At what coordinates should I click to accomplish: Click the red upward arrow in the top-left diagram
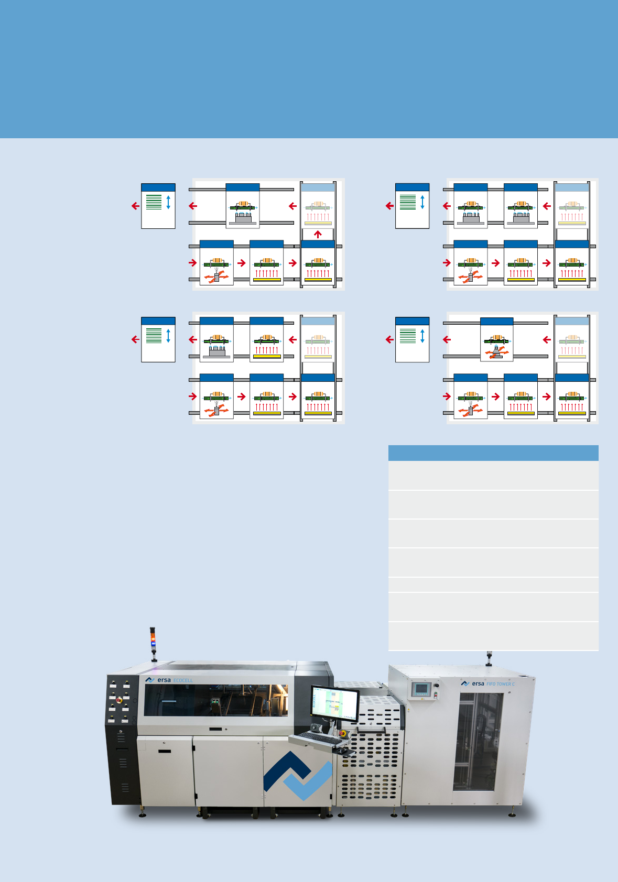318,234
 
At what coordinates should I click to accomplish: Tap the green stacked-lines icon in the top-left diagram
154,202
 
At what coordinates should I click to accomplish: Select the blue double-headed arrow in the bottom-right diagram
422,336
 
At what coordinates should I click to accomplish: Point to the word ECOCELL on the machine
183,680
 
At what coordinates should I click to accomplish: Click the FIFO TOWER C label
501,684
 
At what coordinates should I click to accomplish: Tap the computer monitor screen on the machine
334,704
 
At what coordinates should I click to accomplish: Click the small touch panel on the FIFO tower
420,689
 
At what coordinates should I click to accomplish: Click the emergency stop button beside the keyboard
344,733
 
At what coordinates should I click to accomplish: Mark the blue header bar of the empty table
493,453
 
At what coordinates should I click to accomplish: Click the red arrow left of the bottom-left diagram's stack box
135,339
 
